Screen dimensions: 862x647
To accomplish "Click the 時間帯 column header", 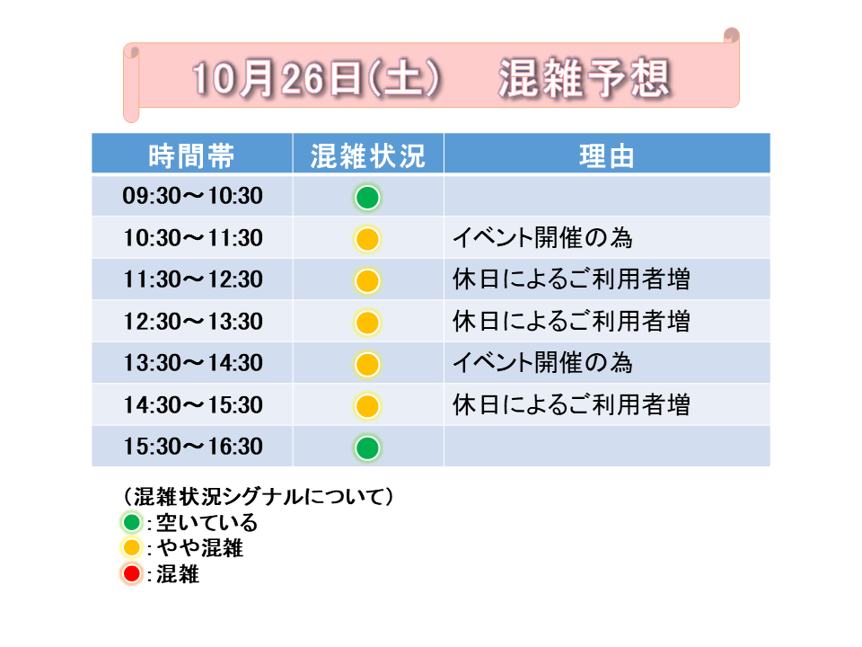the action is (192, 155).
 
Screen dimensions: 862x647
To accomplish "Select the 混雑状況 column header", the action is (368, 155).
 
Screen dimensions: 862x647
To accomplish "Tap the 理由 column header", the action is (607, 155).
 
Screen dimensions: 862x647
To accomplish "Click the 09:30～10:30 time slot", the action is (192, 196).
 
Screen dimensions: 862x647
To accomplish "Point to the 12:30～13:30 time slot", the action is (192, 322).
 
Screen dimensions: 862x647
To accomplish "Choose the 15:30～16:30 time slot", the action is (192, 447).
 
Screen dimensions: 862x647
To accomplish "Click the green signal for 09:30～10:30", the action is (367, 198).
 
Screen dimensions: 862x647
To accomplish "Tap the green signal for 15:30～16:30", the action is (367, 448).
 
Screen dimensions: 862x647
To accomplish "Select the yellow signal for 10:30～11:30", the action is (367, 239).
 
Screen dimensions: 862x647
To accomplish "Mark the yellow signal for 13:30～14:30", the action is (367, 364).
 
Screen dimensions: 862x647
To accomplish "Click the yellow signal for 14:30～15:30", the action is (367, 406).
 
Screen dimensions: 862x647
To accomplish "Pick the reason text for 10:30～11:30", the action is (542, 237).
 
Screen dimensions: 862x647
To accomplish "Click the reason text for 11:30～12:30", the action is (571, 279).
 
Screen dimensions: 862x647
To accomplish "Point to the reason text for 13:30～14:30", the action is (542, 362).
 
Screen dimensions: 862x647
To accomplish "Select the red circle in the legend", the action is (132, 574).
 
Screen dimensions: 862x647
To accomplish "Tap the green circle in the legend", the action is (132, 522).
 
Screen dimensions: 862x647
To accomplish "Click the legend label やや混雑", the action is (199, 548).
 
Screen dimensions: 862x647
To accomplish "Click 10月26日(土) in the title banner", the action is (317, 78).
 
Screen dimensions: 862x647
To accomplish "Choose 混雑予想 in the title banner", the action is (584, 78).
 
